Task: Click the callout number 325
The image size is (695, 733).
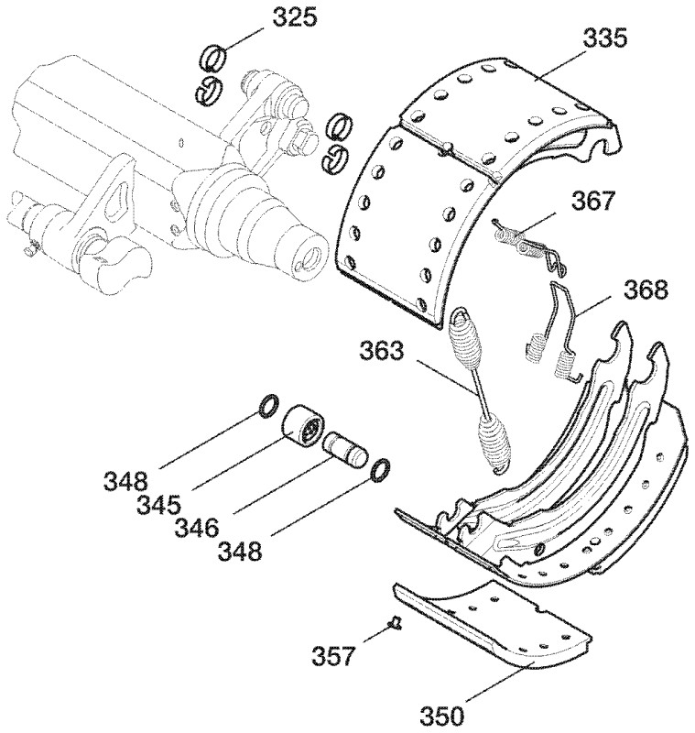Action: pos(294,16)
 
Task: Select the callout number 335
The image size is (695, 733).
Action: pos(604,38)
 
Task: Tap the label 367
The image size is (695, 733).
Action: pos(592,201)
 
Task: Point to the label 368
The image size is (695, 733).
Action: pos(646,290)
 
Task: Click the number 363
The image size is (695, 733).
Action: pos(381,350)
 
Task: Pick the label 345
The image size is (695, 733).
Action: pos(158,505)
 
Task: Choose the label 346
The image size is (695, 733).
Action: pos(197,528)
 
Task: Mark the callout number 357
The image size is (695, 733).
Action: pos(334,655)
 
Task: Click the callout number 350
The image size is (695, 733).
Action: pos(442,716)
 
